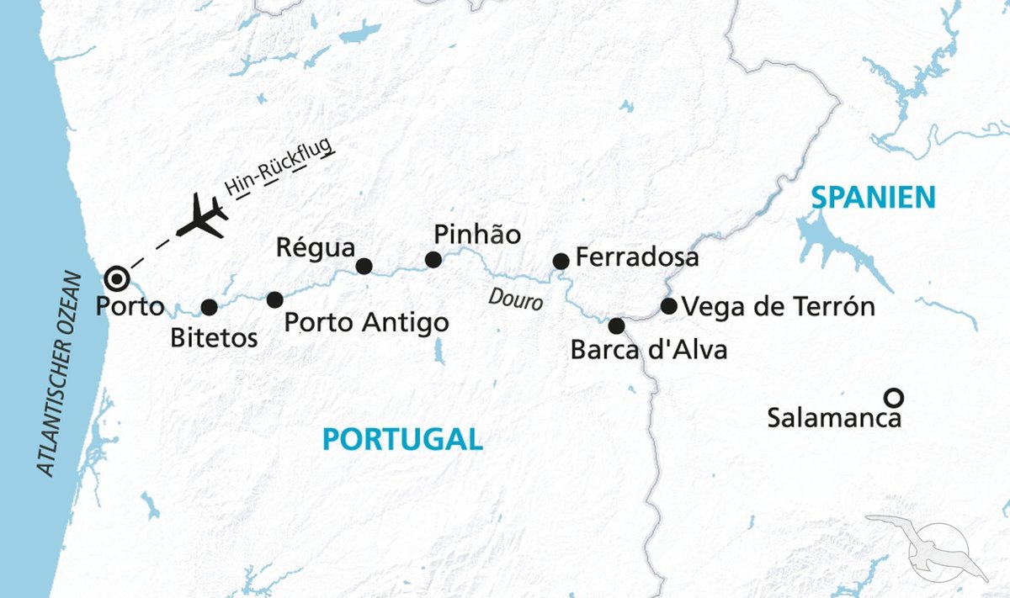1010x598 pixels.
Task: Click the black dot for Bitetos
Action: (210, 307)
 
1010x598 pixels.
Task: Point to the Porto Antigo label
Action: (366, 322)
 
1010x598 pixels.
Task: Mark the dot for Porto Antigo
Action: (274, 299)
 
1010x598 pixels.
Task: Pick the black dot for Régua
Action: (364, 266)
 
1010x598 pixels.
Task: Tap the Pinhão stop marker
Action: (433, 260)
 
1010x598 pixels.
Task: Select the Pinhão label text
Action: (477, 234)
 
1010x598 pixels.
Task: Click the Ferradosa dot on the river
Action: (561, 262)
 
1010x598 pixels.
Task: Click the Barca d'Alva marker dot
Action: (617, 325)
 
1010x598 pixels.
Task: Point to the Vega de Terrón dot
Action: (668, 306)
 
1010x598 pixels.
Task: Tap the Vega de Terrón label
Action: (779, 307)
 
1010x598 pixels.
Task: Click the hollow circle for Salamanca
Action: (894, 396)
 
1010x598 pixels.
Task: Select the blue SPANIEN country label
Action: (873, 198)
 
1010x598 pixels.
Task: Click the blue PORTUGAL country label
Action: (402, 439)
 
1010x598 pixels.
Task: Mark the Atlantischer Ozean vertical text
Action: (60, 373)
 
